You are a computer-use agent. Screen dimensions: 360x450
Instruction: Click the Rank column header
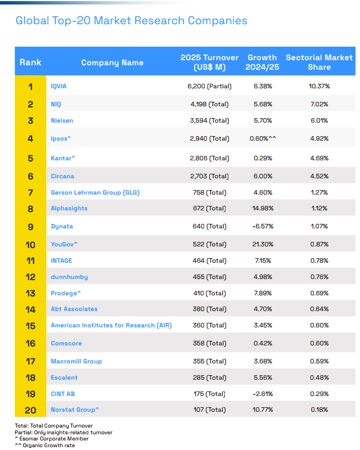click(30, 62)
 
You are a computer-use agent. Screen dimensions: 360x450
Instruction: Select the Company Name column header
click(112, 62)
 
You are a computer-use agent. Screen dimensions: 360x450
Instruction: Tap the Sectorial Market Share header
click(319, 62)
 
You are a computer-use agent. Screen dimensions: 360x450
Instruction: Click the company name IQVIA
click(58, 86)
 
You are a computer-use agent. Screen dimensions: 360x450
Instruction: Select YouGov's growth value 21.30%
click(263, 244)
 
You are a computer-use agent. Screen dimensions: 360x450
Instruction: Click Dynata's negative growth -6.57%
click(263, 226)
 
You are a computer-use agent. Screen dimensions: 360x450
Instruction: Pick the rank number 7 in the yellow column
click(30, 192)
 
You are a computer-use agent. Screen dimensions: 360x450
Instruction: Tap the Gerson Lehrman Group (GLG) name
click(95, 192)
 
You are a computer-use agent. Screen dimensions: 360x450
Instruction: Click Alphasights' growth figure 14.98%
click(263, 208)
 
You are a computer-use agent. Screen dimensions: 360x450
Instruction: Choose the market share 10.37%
click(319, 86)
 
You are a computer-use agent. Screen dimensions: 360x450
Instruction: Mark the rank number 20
click(30, 410)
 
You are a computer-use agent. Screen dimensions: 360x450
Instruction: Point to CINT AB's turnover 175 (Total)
click(209, 394)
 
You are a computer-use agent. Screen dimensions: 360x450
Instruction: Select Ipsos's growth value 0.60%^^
click(263, 138)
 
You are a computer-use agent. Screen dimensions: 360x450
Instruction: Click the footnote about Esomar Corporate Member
click(52, 439)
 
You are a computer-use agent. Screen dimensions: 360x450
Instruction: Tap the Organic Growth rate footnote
click(45, 445)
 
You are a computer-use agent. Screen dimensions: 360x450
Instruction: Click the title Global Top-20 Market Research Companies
click(131, 21)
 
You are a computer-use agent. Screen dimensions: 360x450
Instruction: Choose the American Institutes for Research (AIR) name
click(111, 326)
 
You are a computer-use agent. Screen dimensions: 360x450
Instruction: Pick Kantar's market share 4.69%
click(319, 158)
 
